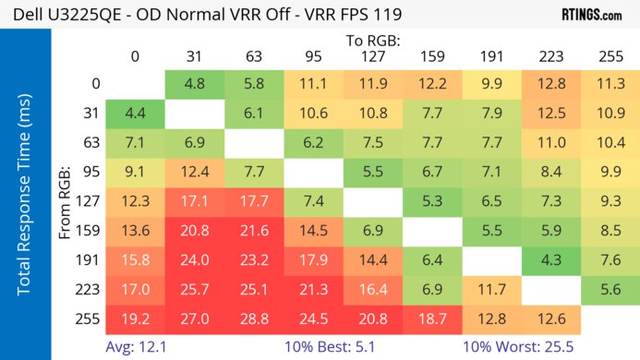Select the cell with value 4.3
pos(551,260)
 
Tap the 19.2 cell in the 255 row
pos(136,319)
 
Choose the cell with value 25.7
pos(195,290)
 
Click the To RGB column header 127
pos(373,55)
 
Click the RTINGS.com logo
pos(591,15)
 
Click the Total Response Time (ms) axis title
pos(25,197)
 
